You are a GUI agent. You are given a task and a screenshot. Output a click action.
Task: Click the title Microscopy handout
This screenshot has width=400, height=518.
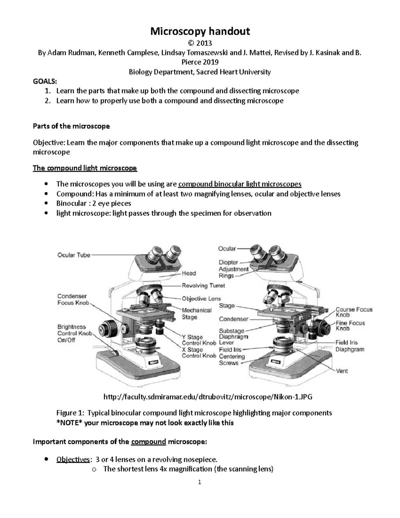200,31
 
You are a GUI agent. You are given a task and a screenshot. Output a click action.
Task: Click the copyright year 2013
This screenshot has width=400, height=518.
200,43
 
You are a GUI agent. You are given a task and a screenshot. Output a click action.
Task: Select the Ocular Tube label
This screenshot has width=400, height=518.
74,255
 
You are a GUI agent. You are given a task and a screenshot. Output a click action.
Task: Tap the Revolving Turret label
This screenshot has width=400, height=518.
203,286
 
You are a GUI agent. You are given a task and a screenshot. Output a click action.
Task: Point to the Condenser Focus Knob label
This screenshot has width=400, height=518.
73,300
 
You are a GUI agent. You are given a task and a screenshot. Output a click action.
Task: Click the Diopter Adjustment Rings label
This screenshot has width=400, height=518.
233,269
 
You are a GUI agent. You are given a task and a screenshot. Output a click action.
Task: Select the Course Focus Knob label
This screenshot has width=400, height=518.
354,312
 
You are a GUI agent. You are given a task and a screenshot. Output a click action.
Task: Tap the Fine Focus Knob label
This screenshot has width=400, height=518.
350,326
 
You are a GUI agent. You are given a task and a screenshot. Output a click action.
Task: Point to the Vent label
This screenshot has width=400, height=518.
342,371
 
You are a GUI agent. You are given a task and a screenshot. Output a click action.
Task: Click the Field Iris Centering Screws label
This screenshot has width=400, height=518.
232,356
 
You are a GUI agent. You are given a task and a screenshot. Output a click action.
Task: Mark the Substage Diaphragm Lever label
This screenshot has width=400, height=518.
233,337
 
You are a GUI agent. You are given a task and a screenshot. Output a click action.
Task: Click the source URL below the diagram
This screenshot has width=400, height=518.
208,397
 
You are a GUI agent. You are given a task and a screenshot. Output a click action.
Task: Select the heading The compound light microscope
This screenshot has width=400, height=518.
85,168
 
